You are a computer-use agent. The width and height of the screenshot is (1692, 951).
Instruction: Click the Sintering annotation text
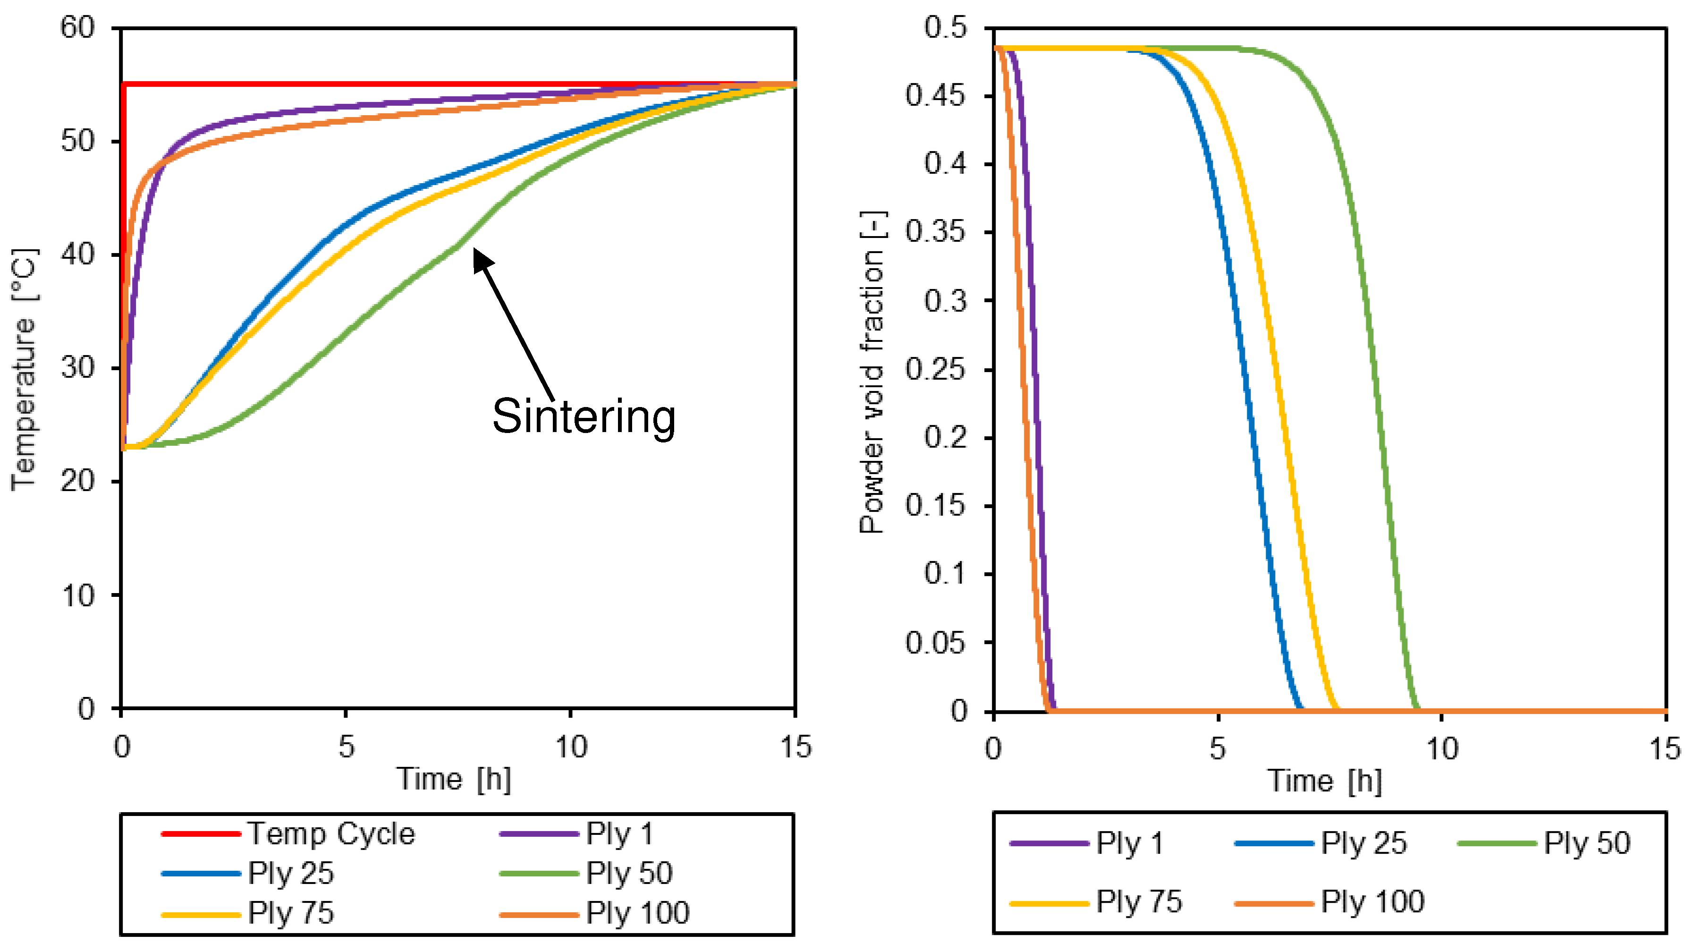click(583, 416)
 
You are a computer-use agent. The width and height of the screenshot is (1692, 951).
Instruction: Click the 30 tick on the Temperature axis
click(77, 368)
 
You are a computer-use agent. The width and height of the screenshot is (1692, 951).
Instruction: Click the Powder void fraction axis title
click(872, 372)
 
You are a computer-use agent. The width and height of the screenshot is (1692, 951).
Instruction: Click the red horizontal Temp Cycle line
click(394, 84)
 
